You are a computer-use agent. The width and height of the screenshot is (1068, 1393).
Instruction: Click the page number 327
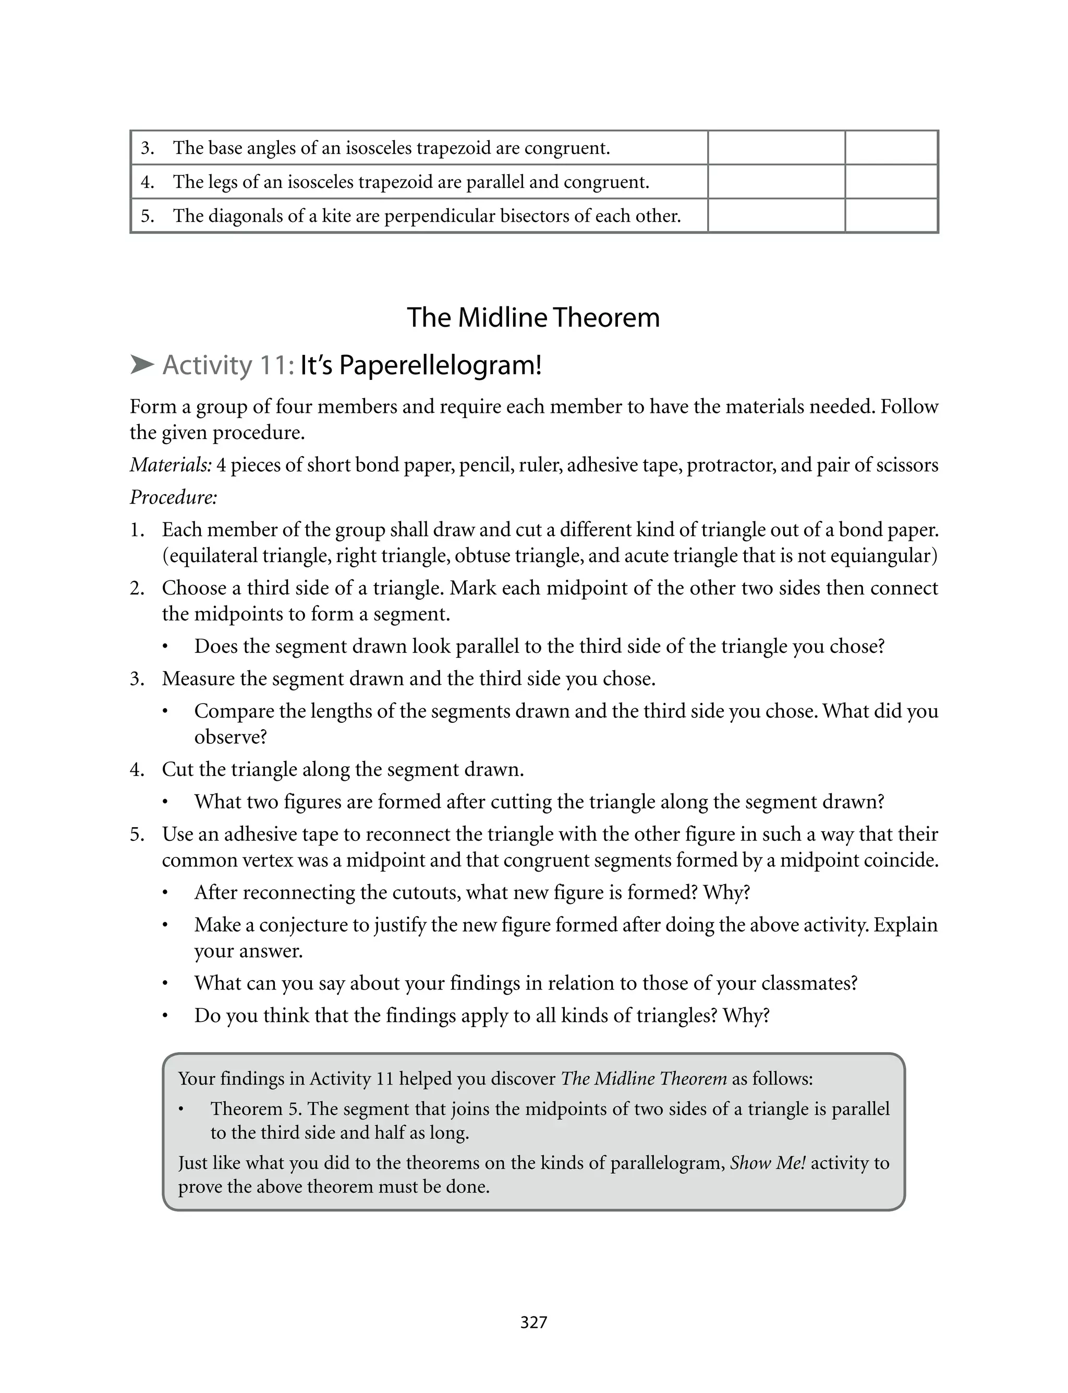(533, 1323)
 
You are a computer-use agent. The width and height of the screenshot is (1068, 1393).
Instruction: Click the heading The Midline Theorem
(533, 317)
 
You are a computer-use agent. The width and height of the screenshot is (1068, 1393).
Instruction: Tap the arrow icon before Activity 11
(142, 365)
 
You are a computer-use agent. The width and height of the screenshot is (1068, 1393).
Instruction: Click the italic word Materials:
(171, 465)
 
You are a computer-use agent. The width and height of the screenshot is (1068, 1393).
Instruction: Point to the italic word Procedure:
(174, 497)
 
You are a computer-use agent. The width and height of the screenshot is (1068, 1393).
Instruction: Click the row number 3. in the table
(148, 148)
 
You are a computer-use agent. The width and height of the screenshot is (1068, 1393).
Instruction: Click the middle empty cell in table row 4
(776, 182)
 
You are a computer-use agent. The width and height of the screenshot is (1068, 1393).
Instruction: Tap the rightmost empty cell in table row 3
(891, 148)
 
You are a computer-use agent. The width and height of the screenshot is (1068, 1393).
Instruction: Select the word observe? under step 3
(230, 737)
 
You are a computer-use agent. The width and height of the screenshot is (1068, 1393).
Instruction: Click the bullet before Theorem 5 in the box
(181, 1109)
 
